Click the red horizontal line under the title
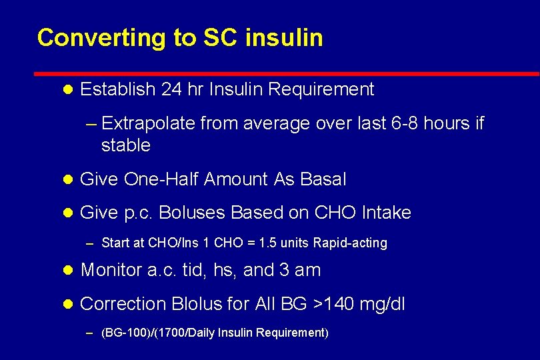pyautogui.click(x=287, y=73)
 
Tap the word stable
pyautogui.click(x=126, y=145)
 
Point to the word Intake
pyautogui.click(x=386, y=213)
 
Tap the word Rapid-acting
pyautogui.click(x=354, y=243)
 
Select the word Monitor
pyautogui.click(x=111, y=270)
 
